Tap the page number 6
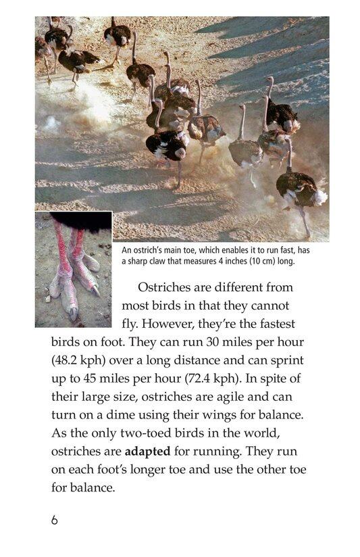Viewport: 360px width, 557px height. click(55, 520)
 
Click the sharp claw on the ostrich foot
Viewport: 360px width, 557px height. click(95, 291)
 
